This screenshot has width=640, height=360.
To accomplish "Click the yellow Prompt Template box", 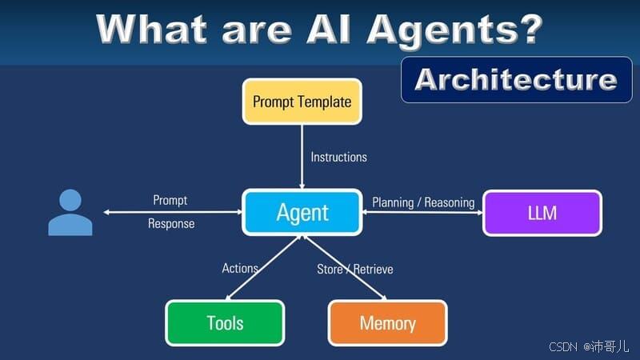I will [x=302, y=102].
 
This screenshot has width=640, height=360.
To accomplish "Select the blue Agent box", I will [x=302, y=213].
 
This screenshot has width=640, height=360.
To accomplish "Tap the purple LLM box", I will [x=542, y=213].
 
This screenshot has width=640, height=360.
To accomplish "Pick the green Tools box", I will [x=225, y=323].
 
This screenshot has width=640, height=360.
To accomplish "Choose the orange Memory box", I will [x=387, y=323].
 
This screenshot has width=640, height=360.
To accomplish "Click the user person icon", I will [x=70, y=213].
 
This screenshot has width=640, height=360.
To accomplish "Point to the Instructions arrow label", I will [x=338, y=157].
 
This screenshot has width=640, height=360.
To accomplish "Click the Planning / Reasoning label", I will [x=423, y=202].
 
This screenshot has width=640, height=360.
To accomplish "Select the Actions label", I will [x=239, y=268].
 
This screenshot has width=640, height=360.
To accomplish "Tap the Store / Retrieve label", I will [x=354, y=269].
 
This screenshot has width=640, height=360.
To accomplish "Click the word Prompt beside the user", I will [x=170, y=200].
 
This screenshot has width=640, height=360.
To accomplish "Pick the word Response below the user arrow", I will [x=171, y=224].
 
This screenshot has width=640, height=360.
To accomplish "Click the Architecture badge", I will [x=516, y=79].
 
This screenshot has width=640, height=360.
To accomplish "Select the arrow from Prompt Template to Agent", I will [x=311, y=168].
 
